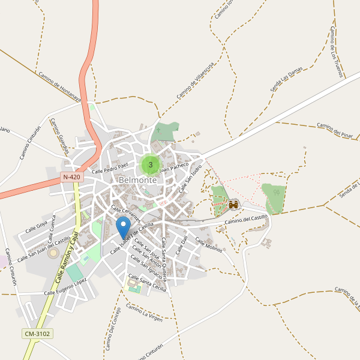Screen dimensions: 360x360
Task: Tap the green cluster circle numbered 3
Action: click(x=150, y=164)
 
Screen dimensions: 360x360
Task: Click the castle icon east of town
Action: click(x=233, y=205)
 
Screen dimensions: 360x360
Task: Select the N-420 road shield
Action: click(x=71, y=178)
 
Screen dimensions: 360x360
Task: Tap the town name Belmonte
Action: click(x=138, y=180)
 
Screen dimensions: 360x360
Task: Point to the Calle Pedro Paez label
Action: click(x=110, y=167)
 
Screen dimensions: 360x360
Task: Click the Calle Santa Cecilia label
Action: click(x=148, y=283)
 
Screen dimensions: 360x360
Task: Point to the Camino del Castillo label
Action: click(x=245, y=220)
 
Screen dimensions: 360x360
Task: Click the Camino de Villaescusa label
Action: click(x=196, y=83)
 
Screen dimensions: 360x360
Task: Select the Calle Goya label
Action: click(x=37, y=227)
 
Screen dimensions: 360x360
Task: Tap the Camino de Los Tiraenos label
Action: click(x=337, y=52)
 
